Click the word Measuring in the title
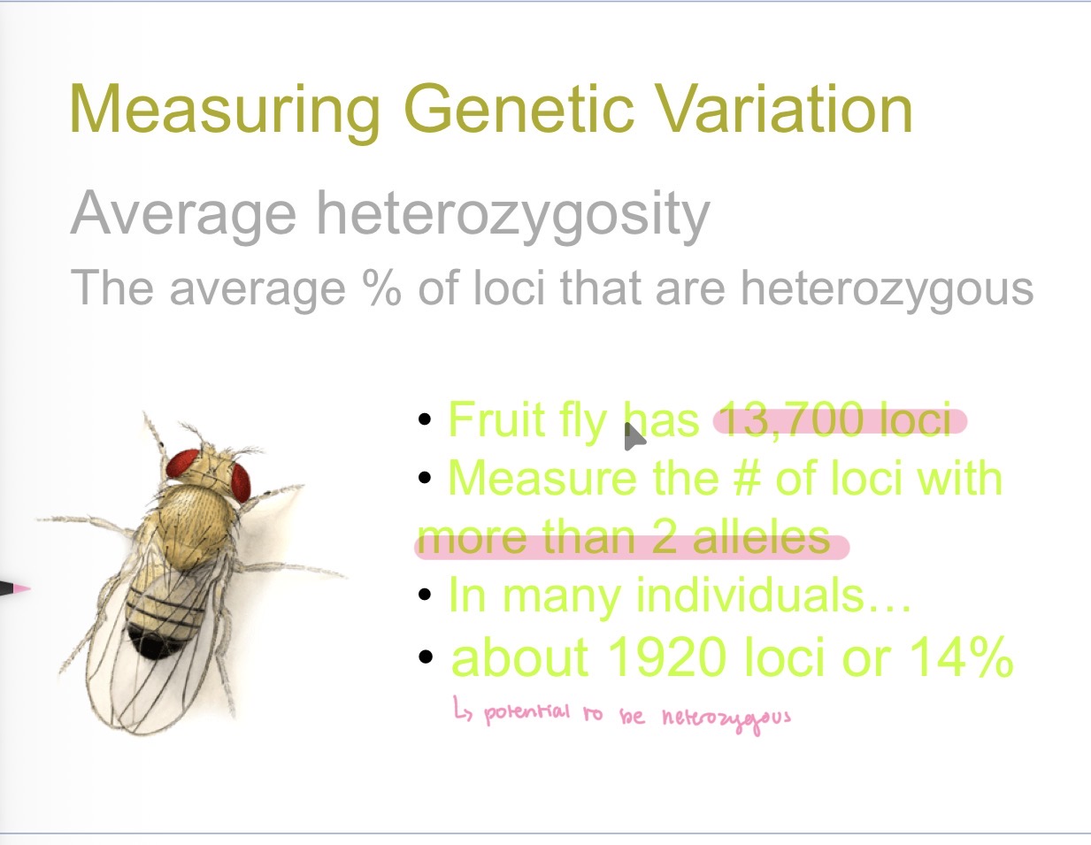click(x=225, y=111)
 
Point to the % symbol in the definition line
click(x=381, y=288)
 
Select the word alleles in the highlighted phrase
click(x=761, y=538)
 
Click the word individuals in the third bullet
click(x=750, y=595)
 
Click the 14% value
click(x=961, y=657)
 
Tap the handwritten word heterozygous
click(x=726, y=717)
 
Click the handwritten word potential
click(x=527, y=712)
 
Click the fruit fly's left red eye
click(x=182, y=463)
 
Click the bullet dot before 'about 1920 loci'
click(x=426, y=657)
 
